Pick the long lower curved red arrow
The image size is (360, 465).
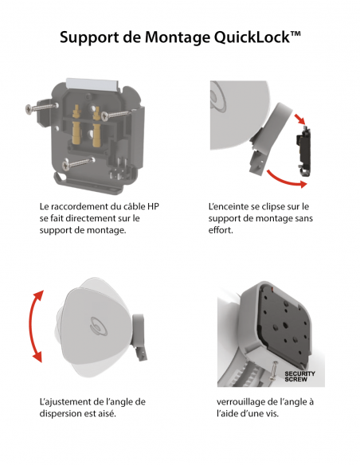288,178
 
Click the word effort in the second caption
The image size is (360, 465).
222,230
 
